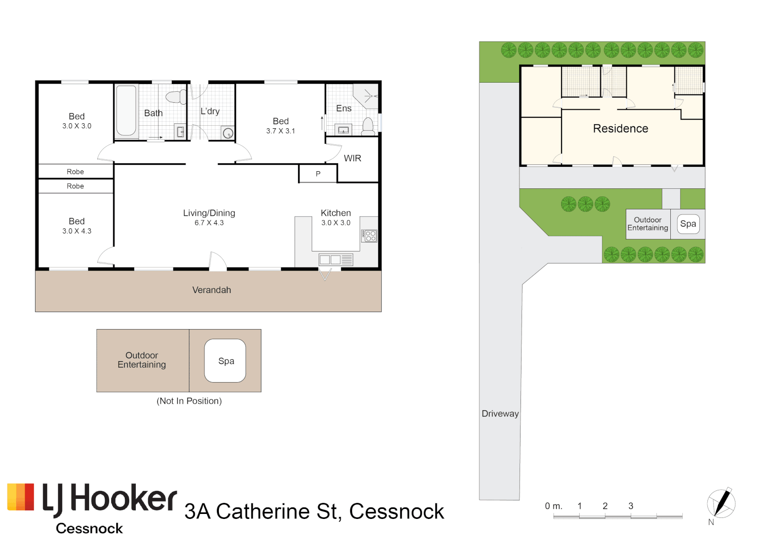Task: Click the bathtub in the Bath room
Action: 126,111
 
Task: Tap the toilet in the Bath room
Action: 176,97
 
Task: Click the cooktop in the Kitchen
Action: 370,235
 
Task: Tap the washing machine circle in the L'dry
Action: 228,133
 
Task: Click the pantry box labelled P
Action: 318,173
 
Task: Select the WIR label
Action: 353,158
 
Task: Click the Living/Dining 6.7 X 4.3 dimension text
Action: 209,223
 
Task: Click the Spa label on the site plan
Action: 688,224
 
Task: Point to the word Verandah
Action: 212,290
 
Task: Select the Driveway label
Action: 500,414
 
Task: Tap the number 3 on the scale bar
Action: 631,506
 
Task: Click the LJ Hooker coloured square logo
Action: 21,496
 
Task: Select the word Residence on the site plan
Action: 621,128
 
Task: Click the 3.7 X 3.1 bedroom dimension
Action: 281,131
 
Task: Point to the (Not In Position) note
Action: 189,401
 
